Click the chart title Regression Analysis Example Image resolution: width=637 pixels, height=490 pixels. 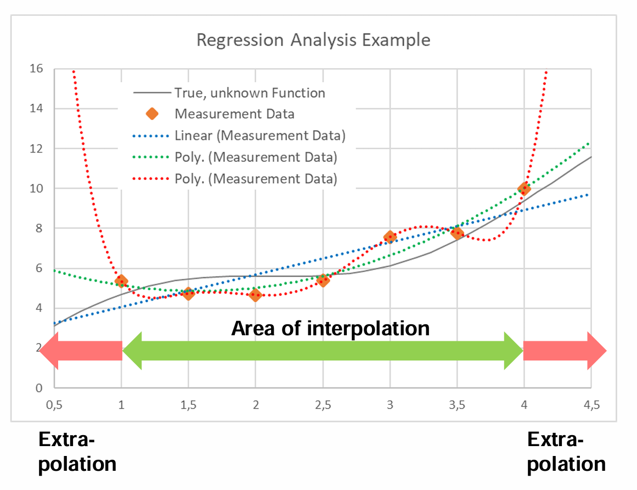313,40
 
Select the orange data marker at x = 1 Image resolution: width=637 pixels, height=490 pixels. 121,281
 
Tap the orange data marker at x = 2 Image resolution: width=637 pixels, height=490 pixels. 255,295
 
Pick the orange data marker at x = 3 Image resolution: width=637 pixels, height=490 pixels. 390,237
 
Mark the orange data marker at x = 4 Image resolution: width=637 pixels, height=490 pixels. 524,189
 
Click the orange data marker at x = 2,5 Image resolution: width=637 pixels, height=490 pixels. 323,280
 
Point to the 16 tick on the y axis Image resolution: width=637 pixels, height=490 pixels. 36,69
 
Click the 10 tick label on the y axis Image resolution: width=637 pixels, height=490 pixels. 36,189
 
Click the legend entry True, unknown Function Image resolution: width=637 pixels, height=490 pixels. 250,93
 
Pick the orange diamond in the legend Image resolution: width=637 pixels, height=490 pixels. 152,114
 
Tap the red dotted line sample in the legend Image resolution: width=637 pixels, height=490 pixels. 152,178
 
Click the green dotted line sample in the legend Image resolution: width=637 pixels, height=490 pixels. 152,157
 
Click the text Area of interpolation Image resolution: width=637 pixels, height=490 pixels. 330,328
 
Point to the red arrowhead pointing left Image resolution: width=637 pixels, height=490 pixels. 49,351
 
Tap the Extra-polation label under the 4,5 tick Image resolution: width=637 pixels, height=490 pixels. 566,452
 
